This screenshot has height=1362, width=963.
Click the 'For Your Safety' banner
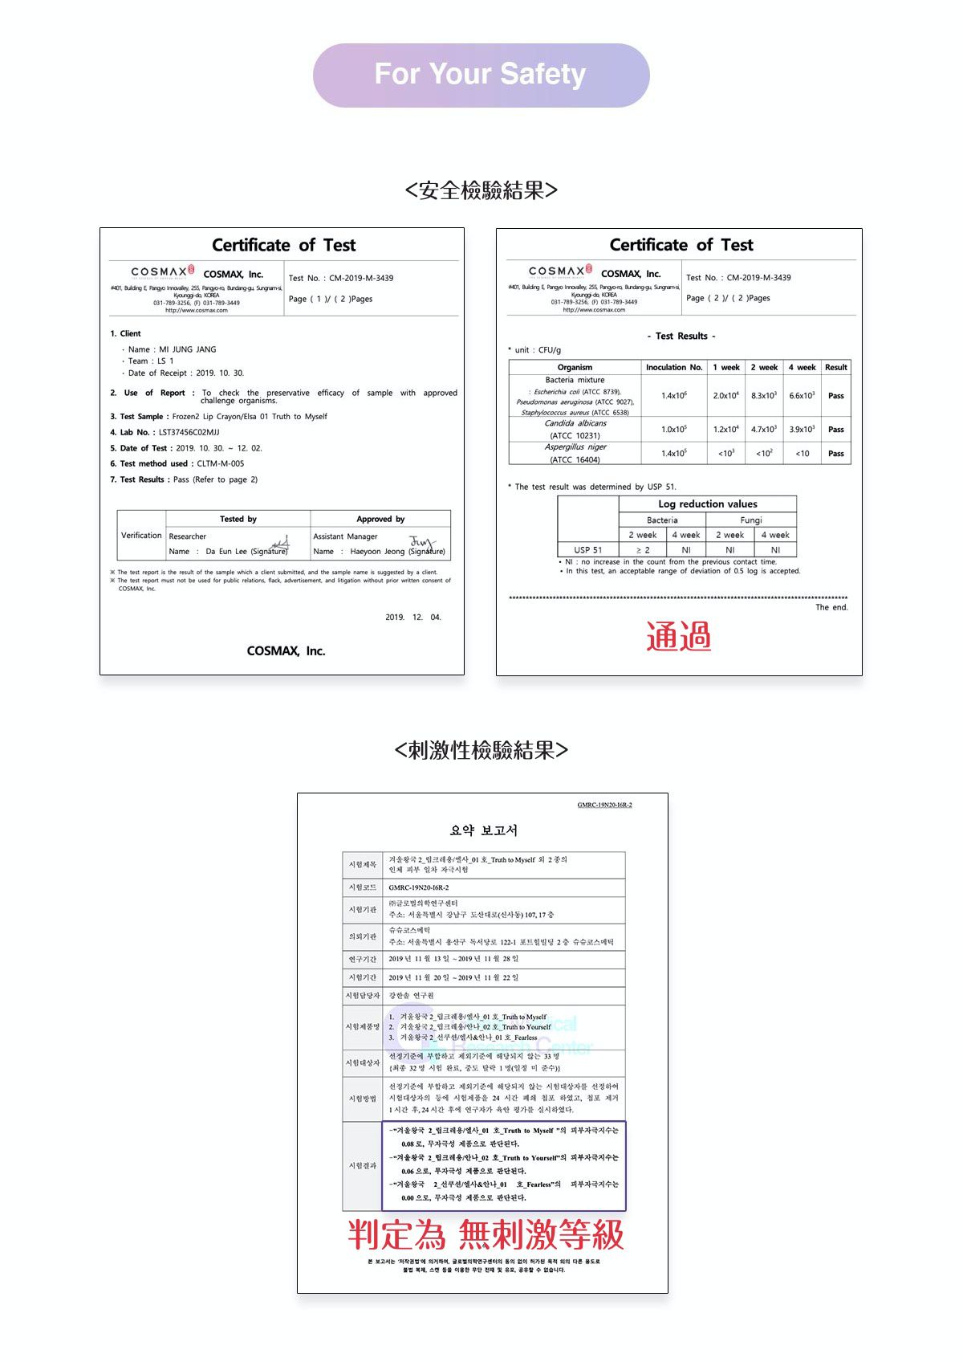(x=481, y=75)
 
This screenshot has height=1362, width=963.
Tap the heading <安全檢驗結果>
(x=481, y=190)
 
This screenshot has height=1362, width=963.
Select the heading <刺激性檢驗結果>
(x=481, y=750)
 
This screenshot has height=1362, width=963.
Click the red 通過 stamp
(x=679, y=636)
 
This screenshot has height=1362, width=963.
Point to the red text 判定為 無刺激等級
(x=486, y=1234)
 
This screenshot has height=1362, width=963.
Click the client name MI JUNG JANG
(x=187, y=349)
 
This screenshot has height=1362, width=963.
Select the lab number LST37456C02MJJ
(x=189, y=432)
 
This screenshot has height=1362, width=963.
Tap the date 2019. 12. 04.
(x=412, y=618)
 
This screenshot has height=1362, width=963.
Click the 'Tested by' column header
(x=238, y=519)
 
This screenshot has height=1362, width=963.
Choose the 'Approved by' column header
(x=380, y=519)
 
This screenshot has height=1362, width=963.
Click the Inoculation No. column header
(x=674, y=367)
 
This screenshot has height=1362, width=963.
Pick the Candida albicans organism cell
(x=575, y=429)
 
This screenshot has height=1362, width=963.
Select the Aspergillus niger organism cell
(x=575, y=453)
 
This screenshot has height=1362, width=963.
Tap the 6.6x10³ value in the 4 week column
(x=802, y=395)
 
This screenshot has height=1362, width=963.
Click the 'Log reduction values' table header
(x=707, y=504)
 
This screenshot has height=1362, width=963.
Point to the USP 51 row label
(x=587, y=550)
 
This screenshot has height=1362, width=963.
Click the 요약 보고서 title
(x=483, y=830)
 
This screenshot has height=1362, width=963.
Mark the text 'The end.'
(x=831, y=607)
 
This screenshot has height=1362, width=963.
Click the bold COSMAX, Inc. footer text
(x=286, y=650)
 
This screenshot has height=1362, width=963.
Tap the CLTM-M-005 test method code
(x=220, y=463)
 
